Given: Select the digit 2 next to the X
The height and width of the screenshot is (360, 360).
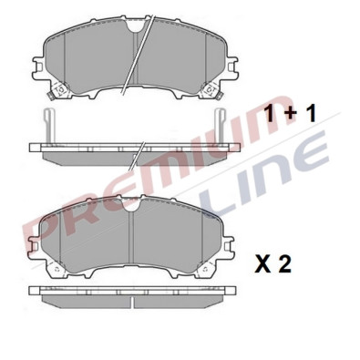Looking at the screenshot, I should coord(284,266).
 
